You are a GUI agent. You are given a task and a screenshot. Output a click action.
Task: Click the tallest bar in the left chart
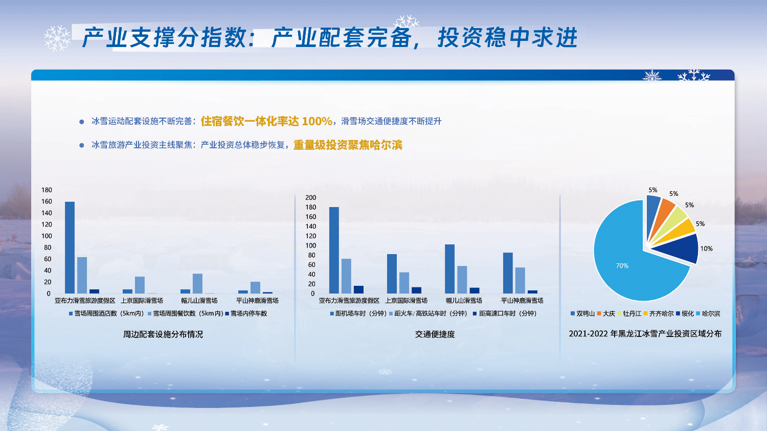[x=70, y=247]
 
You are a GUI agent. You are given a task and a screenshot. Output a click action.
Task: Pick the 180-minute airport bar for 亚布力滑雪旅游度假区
[x=334, y=250]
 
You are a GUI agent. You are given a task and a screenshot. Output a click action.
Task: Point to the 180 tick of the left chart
[x=47, y=190]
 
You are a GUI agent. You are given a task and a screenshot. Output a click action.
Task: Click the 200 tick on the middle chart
[x=310, y=197]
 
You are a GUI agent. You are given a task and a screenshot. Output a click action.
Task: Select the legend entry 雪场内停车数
[x=246, y=313]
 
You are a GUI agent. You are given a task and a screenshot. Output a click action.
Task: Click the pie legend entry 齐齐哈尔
[x=659, y=313]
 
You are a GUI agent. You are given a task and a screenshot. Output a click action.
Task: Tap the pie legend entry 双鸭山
[x=582, y=313]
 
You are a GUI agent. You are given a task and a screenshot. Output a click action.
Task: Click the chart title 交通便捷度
[x=435, y=334]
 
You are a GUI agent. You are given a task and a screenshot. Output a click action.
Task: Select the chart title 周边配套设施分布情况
[x=163, y=334]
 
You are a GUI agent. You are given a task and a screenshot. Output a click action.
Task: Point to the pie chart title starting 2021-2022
[x=645, y=334]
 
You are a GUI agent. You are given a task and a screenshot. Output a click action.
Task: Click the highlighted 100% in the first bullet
[x=317, y=121]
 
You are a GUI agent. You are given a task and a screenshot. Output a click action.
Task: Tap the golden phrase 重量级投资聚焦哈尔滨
[x=348, y=145]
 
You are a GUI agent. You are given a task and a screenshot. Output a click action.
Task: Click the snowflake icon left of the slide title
[x=57, y=38]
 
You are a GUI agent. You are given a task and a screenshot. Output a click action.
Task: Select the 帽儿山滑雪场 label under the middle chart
[x=464, y=301]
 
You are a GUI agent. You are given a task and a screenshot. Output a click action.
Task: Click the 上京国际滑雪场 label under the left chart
[x=142, y=301]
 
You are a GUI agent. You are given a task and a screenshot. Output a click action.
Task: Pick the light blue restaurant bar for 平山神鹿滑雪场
[x=256, y=287]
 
